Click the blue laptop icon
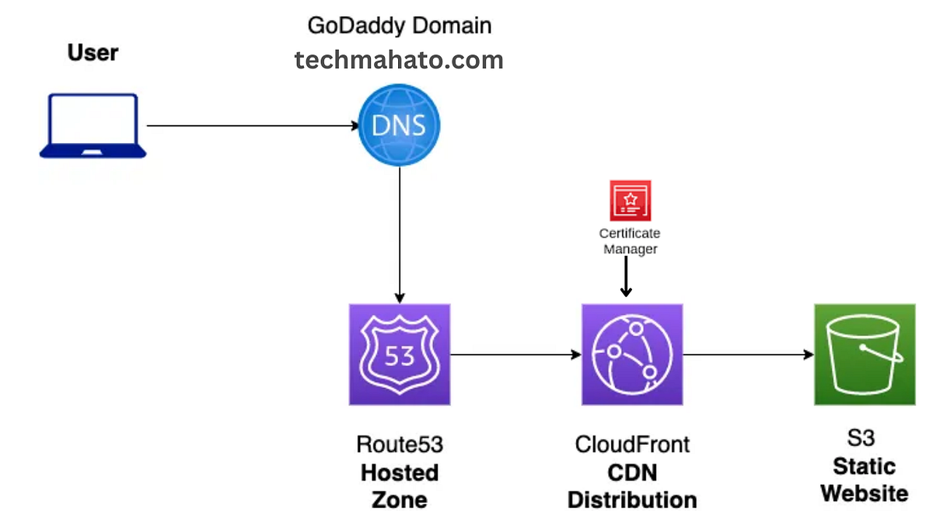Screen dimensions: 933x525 click(93, 126)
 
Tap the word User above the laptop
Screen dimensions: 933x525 click(93, 53)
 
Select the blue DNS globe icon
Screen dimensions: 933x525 click(399, 125)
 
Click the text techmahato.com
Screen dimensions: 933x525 click(399, 60)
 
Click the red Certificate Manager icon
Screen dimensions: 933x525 click(631, 201)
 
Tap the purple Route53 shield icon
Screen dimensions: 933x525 click(400, 355)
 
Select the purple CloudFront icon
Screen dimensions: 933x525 click(632, 355)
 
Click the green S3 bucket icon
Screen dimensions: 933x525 click(865, 355)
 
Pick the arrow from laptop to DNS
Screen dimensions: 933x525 click(253, 125)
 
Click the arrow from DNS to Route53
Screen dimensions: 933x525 click(400, 235)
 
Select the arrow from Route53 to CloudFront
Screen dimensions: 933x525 click(516, 355)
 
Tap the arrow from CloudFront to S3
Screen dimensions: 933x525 click(749, 355)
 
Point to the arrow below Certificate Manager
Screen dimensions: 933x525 click(626, 276)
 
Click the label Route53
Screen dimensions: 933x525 click(400, 444)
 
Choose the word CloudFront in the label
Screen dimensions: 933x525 click(632, 444)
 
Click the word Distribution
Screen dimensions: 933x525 click(632, 499)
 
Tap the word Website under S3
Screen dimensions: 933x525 click(865, 493)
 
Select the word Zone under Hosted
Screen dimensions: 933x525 click(400, 499)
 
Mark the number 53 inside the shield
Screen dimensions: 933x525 click(400, 356)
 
